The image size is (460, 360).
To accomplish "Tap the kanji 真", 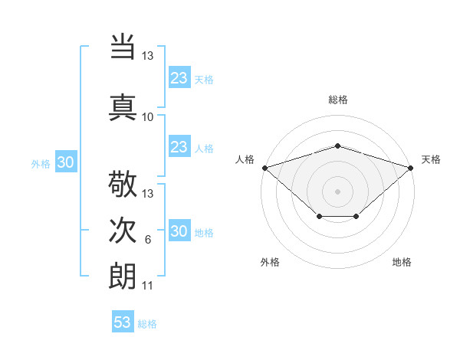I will [123, 105].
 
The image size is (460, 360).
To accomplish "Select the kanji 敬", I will [123, 185].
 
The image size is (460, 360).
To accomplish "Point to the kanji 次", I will [123, 231].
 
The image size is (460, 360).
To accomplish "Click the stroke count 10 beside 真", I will [148, 116].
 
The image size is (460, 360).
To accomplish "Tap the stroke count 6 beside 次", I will [148, 240].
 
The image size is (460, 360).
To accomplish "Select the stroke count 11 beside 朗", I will [148, 286].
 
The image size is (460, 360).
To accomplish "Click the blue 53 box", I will [123, 322].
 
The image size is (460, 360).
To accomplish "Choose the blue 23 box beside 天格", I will [179, 77].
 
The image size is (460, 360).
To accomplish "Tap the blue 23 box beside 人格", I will [179, 147].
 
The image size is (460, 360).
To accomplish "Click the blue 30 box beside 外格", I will [65, 162].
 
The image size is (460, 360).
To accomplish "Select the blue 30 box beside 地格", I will [179, 232].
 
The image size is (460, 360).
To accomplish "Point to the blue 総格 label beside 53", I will [147, 324].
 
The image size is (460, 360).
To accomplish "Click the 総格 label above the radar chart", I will [337, 100].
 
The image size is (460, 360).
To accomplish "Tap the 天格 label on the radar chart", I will [431, 159].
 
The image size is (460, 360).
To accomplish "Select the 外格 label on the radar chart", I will [270, 262].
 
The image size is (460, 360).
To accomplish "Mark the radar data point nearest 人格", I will [264, 167].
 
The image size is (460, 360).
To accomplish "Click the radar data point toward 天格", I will [410, 167].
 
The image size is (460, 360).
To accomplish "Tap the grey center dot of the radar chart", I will [337, 191].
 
